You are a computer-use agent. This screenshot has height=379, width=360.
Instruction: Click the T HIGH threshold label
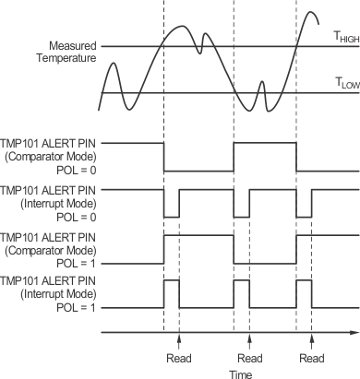344,38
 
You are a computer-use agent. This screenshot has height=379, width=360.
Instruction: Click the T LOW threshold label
344,83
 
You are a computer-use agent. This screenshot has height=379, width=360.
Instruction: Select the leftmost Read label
178,357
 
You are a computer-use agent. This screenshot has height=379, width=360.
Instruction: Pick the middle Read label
249,357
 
